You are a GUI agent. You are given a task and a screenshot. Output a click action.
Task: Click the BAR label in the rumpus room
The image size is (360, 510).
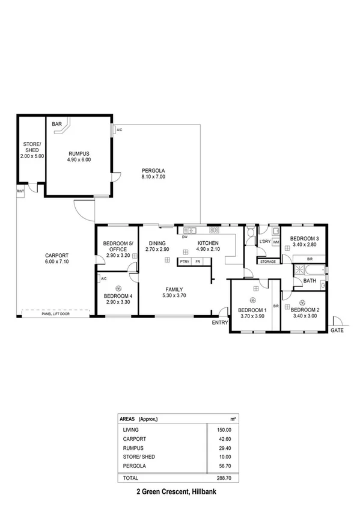click(58, 124)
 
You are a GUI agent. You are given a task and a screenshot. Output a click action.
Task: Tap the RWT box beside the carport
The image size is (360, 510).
click(20, 191)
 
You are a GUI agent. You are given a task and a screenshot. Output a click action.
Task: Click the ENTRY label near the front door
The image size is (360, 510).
click(220, 323)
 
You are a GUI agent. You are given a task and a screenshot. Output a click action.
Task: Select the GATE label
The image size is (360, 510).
click(337, 330)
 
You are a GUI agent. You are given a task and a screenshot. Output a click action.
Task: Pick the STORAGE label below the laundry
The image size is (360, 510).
click(268, 262)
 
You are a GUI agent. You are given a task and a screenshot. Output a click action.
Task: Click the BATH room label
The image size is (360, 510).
click(310, 281)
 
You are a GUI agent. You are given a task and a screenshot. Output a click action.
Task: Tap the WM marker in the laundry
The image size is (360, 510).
click(276, 242)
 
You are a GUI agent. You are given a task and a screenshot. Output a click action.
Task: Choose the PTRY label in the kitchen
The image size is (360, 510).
click(185, 262)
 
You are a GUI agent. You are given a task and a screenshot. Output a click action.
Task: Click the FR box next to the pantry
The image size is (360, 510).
click(198, 262)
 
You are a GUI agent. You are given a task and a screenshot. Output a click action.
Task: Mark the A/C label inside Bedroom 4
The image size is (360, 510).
click(104, 278)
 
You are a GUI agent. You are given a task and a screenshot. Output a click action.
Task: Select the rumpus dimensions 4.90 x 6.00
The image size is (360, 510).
click(79, 160)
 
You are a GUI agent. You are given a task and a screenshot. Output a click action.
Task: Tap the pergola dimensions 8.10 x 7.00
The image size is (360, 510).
click(153, 177)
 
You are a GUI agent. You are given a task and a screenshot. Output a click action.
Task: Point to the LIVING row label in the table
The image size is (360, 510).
click(130, 430)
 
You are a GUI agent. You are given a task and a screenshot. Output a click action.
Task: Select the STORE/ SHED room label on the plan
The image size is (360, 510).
click(31, 150)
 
